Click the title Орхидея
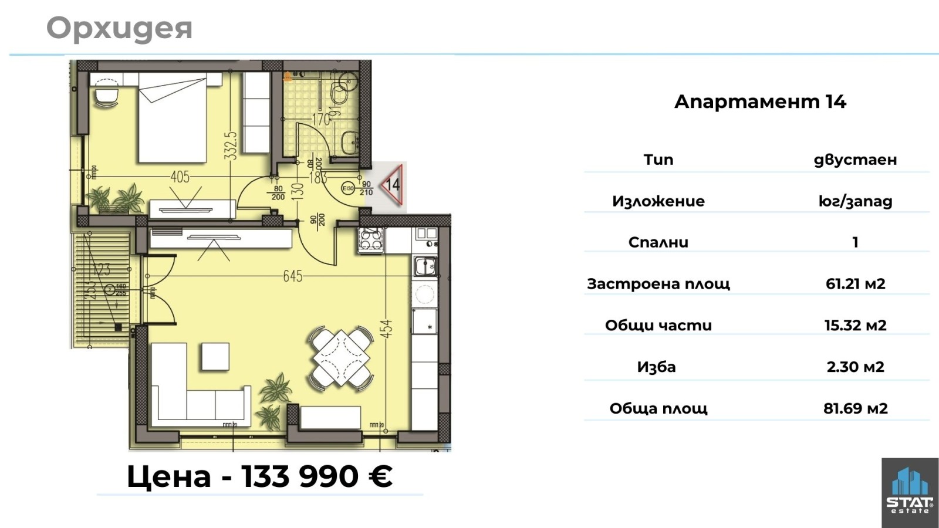119,29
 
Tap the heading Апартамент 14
760,102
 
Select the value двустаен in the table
855,160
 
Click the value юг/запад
855,201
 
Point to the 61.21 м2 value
855,284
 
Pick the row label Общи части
658,326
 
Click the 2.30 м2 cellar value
855,367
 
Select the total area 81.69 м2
855,408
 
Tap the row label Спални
658,242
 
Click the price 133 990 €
317,476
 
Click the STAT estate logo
909,493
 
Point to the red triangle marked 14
392,185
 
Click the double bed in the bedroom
173,120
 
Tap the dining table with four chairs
342,357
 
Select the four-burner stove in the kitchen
371,240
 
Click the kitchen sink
424,267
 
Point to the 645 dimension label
292,276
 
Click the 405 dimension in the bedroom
180,177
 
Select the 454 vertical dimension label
386,329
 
